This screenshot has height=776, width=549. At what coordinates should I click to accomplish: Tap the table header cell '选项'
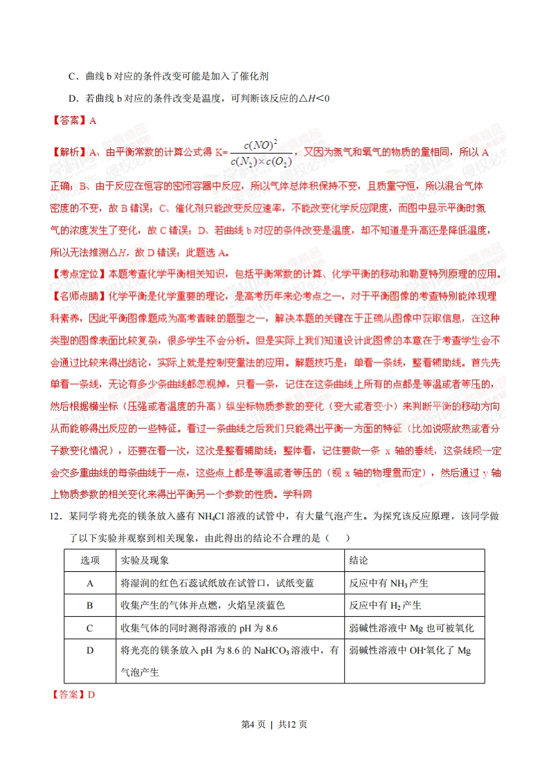pyautogui.click(x=90, y=560)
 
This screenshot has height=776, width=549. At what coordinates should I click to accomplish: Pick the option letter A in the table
pyautogui.click(x=90, y=583)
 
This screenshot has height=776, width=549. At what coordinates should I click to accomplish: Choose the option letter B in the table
pyautogui.click(x=90, y=605)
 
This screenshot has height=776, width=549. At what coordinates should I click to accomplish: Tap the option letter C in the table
pyautogui.click(x=90, y=628)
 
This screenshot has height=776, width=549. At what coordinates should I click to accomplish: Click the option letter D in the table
pyautogui.click(x=90, y=650)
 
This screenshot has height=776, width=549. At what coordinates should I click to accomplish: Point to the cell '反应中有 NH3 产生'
pyautogui.click(x=388, y=583)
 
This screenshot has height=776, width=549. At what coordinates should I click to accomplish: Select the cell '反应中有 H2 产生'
pyautogui.click(x=386, y=605)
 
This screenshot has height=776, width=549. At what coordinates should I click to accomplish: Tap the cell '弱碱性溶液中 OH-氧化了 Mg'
pyautogui.click(x=410, y=650)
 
